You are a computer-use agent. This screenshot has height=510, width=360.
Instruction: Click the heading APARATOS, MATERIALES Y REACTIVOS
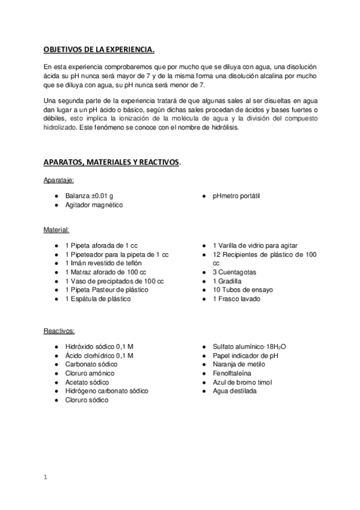point(112,163)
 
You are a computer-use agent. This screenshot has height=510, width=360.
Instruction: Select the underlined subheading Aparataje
point(58,180)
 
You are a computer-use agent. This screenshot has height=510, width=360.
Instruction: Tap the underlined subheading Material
point(56,230)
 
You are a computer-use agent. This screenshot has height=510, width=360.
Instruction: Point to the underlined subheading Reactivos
point(59,331)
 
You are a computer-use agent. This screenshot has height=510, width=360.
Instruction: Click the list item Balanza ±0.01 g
point(90,196)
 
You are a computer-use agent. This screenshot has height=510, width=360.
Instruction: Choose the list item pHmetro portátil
point(236,196)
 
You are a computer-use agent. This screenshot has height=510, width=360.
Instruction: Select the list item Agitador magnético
point(94,205)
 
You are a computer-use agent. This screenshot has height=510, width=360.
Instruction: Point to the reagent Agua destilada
point(234,391)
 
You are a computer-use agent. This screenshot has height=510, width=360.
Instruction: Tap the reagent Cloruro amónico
point(91,373)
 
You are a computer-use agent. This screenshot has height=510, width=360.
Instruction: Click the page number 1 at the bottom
point(45,478)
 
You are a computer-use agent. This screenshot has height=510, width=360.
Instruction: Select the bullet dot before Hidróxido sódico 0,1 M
point(55,347)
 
